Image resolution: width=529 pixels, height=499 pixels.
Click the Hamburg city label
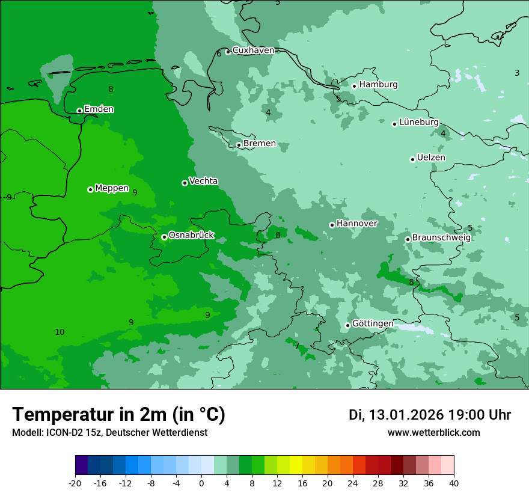point(378,85)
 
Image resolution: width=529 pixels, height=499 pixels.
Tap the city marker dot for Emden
point(79,111)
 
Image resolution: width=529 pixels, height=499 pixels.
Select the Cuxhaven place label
point(253,51)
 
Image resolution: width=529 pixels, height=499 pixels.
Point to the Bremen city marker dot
point(239,145)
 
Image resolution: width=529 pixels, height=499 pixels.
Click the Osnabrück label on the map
point(191,236)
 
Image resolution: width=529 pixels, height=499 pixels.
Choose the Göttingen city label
point(373,324)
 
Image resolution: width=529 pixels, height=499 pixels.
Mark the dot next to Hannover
point(332,225)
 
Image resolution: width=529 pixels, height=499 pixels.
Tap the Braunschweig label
point(441,237)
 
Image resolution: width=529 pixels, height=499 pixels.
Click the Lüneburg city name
point(419,122)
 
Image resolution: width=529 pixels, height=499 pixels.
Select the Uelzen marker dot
point(412,159)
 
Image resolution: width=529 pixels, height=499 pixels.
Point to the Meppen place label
point(112,188)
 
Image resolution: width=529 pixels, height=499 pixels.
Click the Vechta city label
point(203,181)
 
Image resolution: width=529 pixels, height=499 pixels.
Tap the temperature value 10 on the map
point(60,332)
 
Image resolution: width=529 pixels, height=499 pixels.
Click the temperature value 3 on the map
point(517,73)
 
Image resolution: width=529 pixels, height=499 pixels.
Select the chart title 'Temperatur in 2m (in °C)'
point(118,414)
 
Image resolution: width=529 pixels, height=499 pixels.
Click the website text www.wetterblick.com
point(433,432)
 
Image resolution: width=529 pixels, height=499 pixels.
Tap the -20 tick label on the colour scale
point(75,483)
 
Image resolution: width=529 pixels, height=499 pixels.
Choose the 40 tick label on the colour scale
point(454,483)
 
